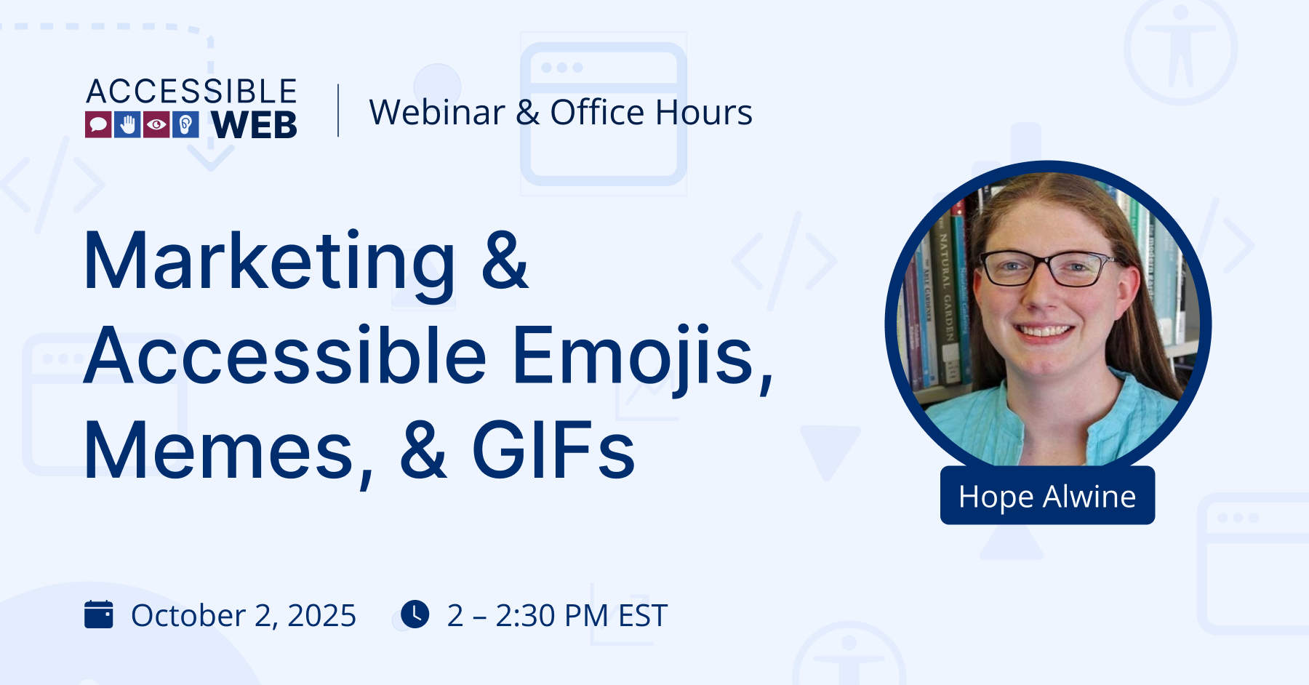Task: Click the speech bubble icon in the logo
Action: pos(98,125)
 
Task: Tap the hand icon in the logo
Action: pos(127,125)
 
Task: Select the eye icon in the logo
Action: pos(156,125)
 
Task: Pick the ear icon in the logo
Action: pos(185,125)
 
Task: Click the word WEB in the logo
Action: pos(255,125)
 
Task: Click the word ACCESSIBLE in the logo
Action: pos(192,92)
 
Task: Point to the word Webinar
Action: pos(437,113)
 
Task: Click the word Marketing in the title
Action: pos(270,262)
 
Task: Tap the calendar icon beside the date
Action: pos(99,614)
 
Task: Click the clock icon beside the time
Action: pos(415,614)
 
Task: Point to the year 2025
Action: pos(321,616)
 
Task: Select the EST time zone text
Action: pos(642,616)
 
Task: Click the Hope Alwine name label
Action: pos(1047,496)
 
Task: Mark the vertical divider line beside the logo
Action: pos(338,111)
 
